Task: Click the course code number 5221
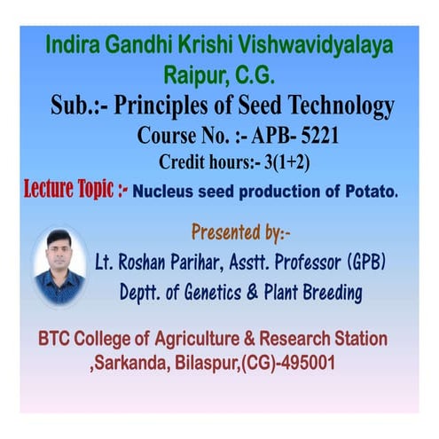tap(313, 137)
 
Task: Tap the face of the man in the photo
tap(59, 252)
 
